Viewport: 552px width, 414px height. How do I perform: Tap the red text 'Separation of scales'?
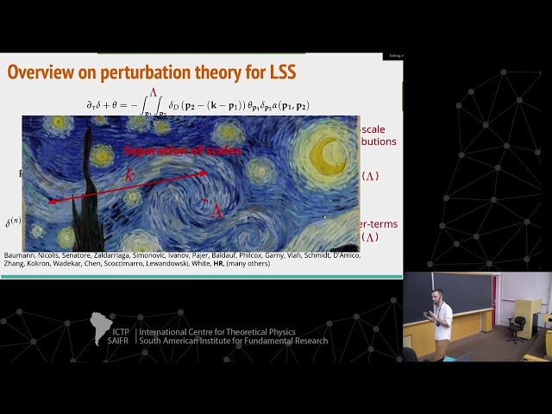coord(182,150)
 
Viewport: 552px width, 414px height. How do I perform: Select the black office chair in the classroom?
coord(517,326)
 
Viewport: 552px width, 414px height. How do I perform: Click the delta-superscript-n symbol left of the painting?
coord(13,222)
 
